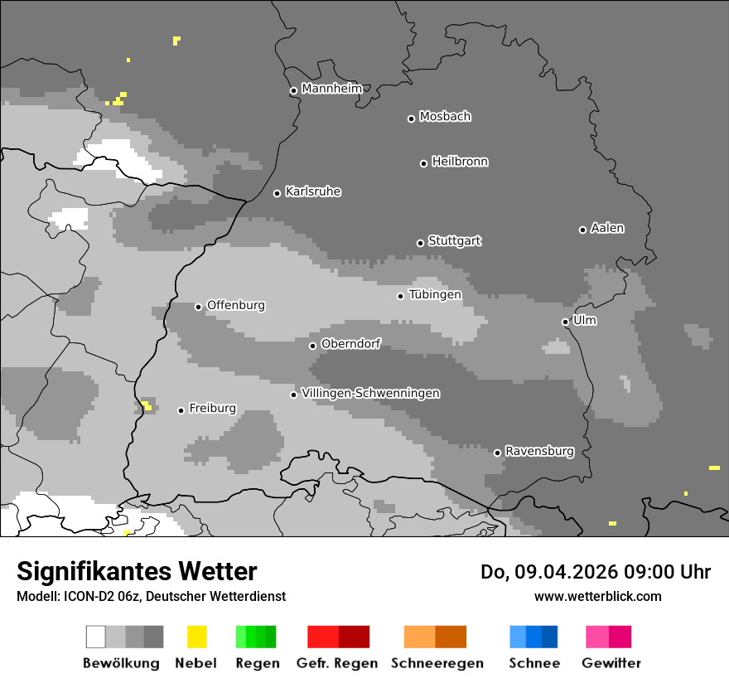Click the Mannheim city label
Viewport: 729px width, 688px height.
pyautogui.click(x=331, y=89)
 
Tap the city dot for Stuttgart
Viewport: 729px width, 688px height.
pyautogui.click(x=420, y=243)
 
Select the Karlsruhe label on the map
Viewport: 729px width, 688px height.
pyautogui.click(x=313, y=191)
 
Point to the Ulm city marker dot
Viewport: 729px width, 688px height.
pyautogui.click(x=565, y=322)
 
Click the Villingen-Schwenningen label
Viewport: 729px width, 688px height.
pyautogui.click(x=370, y=393)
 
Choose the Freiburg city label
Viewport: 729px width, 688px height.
pyautogui.click(x=212, y=408)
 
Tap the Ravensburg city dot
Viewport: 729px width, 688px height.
pyautogui.click(x=497, y=453)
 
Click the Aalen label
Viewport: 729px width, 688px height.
pyautogui.click(x=607, y=228)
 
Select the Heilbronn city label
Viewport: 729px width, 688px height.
pyautogui.click(x=460, y=162)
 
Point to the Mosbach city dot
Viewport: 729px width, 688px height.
pyautogui.click(x=411, y=119)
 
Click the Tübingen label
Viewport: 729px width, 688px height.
pyautogui.click(x=435, y=294)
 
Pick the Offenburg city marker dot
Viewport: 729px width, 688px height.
pyautogui.click(x=198, y=307)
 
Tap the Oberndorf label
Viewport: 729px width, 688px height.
pyautogui.click(x=350, y=344)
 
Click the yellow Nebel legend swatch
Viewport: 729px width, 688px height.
pyautogui.click(x=196, y=637)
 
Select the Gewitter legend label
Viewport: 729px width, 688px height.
pyautogui.click(x=611, y=663)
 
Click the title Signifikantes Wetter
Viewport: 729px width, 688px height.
pyautogui.click(x=137, y=572)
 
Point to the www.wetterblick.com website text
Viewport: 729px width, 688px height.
pyautogui.click(x=597, y=596)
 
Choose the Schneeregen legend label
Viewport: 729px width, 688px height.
pyautogui.click(x=437, y=663)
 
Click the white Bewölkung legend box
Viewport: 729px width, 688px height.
pyautogui.click(x=95, y=637)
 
